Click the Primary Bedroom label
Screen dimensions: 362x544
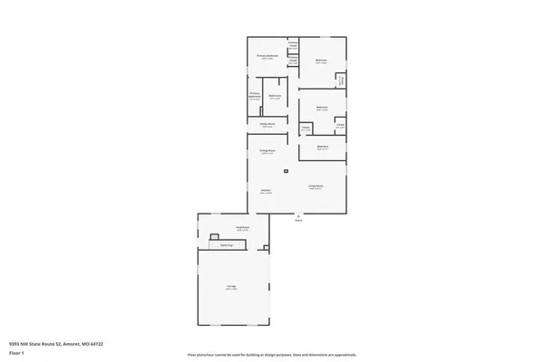(266, 56)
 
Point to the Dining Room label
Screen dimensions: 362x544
(267, 151)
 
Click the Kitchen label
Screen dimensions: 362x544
(266, 191)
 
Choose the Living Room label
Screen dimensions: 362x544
(315, 186)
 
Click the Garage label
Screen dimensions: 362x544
(232, 286)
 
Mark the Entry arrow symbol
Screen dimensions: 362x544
(297, 215)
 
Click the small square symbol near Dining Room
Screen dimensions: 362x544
(287, 170)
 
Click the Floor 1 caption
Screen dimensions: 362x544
(16, 353)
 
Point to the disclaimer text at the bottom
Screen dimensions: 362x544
(271, 356)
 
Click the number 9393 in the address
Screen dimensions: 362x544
(15, 344)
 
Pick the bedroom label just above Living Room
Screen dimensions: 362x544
(322, 147)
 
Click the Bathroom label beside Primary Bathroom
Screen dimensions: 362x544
(274, 96)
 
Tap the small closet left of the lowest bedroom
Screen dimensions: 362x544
(306, 128)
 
